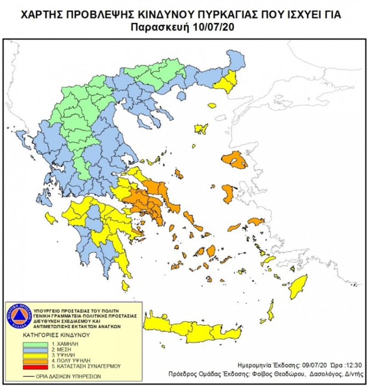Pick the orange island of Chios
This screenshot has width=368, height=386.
point(228,194)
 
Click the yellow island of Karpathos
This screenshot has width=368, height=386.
point(271,311)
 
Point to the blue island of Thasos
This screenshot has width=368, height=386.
point(181,96)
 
